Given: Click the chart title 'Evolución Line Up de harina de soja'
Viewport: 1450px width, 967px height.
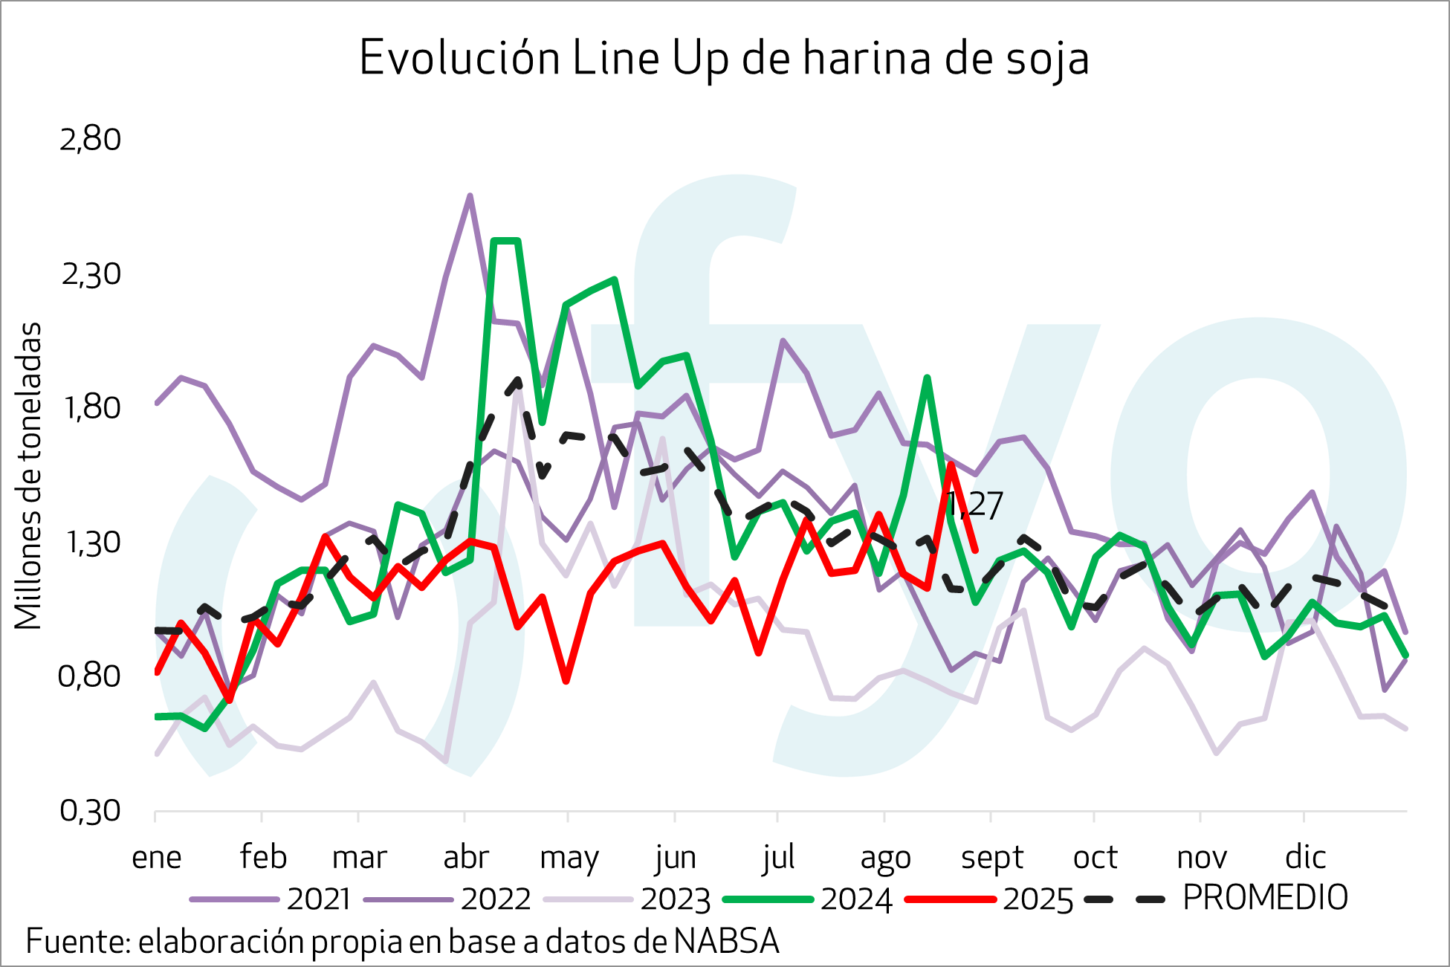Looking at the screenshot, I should click(724, 59).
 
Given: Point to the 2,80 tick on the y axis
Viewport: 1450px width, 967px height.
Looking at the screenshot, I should click(90, 139).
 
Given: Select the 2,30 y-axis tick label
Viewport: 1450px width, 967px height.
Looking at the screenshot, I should click(90, 274).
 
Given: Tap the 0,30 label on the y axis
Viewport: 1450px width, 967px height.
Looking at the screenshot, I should click(90, 810).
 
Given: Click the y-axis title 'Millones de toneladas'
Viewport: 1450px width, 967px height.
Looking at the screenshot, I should click(28, 476).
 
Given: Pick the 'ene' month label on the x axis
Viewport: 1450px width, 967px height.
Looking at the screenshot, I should click(156, 857).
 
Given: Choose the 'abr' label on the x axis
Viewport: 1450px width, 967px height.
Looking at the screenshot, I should click(465, 857).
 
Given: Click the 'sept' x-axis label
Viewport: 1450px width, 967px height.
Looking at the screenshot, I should click(991, 857).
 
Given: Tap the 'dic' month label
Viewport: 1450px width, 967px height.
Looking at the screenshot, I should click(1305, 857).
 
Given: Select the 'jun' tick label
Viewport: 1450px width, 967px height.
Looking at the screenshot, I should click(675, 857).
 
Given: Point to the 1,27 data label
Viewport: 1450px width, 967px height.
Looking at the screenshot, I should click(975, 505).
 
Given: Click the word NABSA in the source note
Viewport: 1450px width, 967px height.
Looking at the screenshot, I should click(726, 942).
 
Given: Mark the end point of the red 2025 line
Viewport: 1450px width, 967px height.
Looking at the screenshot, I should click(975, 551).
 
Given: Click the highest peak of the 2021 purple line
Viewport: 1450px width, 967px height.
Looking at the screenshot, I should click(470, 196).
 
